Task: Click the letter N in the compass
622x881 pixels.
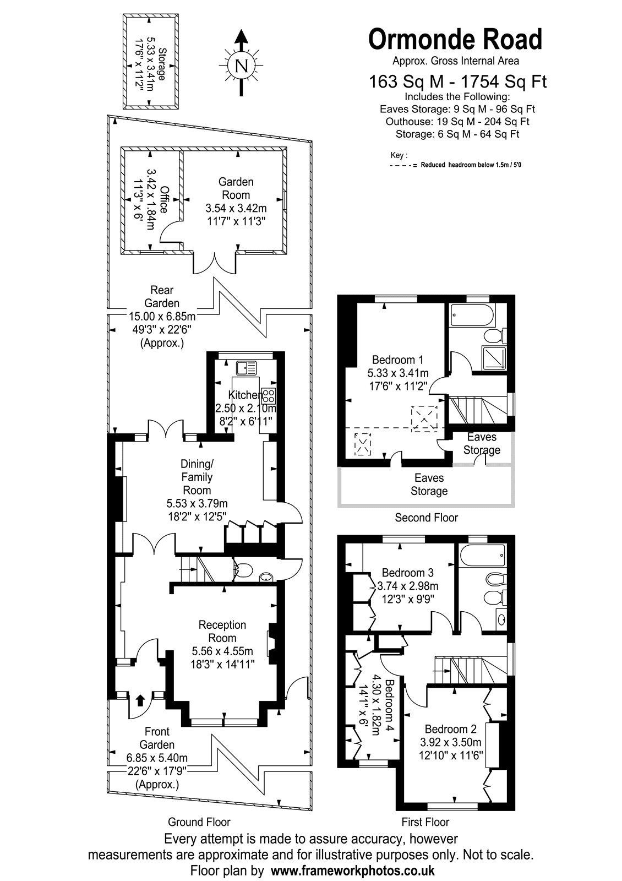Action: [x=242, y=66]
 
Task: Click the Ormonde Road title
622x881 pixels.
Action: [x=455, y=39]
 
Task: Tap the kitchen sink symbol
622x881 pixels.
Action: [x=246, y=368]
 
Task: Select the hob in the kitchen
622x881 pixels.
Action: [x=269, y=394]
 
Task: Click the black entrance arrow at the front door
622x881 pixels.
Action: [x=140, y=700]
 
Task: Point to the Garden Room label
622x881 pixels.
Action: [x=236, y=188]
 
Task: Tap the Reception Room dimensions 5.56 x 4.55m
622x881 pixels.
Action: [x=222, y=651]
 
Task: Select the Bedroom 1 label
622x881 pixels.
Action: [x=398, y=360]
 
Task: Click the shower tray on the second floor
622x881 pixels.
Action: [x=494, y=357]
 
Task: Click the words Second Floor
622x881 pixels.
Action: [x=426, y=517]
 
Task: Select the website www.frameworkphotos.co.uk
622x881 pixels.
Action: [x=353, y=870]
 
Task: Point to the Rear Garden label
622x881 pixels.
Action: [x=162, y=297]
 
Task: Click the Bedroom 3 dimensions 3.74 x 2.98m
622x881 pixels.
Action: [x=408, y=597]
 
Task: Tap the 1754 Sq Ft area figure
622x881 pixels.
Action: [x=504, y=81]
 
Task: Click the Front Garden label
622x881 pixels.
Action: [x=157, y=738]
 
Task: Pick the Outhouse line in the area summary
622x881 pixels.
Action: [x=457, y=122]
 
